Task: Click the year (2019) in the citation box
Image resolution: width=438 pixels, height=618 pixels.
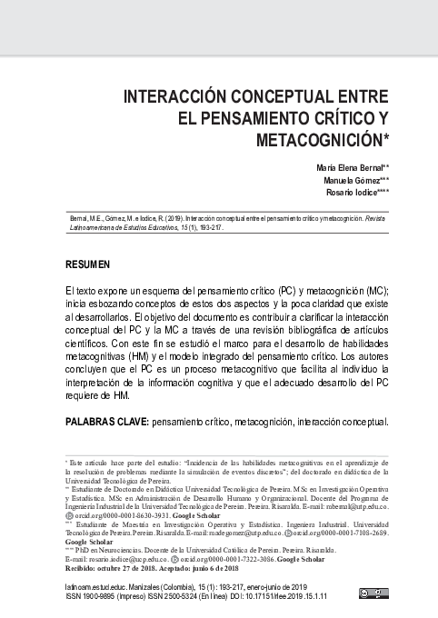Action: pos(170,220)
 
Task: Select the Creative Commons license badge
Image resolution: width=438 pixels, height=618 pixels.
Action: pos(373,594)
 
